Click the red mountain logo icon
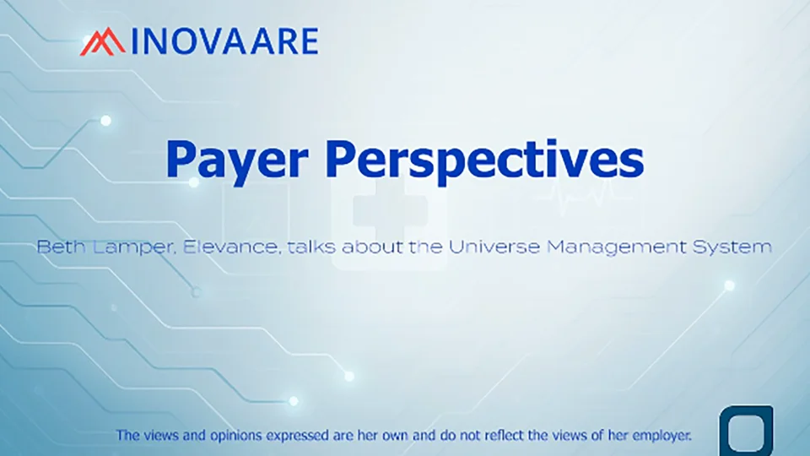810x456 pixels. coord(102,41)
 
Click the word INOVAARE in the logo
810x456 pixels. coord(224,42)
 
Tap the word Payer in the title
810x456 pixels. coord(237,160)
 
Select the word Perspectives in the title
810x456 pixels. coord(484,160)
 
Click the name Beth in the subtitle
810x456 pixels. coord(61,247)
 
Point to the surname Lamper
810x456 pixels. coord(135,247)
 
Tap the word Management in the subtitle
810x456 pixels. coord(617,247)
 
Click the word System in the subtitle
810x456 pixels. coord(732,247)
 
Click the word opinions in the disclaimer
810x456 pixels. coord(235,436)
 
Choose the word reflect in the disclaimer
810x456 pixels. coord(501,436)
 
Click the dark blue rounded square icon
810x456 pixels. coord(746,432)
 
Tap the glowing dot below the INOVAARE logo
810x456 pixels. coord(106,121)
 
